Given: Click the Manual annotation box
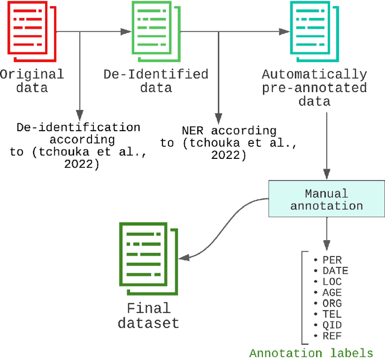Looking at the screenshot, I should (x=327, y=199).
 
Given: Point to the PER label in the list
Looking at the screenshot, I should (x=331, y=260).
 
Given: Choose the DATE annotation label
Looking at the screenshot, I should (x=335, y=271).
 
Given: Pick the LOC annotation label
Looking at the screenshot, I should (x=331, y=282).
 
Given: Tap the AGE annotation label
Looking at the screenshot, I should (x=331, y=293).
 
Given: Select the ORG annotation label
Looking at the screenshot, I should (x=331, y=303).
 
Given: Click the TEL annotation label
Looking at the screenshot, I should (x=331, y=314).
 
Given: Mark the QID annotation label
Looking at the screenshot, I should (x=331, y=325).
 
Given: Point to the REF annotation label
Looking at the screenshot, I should (x=331, y=336).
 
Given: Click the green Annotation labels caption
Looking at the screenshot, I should (x=311, y=353).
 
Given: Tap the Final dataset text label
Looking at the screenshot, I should (x=149, y=315).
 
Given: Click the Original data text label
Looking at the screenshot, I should (x=31, y=81).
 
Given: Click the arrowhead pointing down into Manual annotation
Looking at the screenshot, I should (x=326, y=175).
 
